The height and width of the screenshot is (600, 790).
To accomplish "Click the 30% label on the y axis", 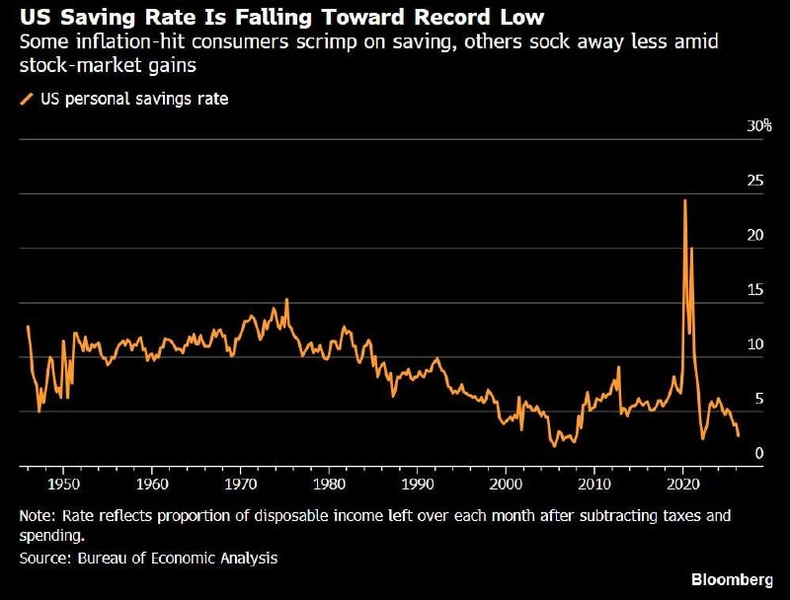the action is pos(758,126).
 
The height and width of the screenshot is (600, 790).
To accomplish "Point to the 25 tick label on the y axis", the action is pos(755,181).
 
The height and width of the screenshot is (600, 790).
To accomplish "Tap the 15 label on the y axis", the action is pos(755,289).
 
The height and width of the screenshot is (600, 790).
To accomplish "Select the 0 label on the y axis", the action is pos(759,453).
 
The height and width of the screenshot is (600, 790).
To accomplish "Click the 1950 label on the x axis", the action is pos(63,484).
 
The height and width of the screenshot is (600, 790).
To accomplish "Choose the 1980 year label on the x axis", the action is pos(329,484).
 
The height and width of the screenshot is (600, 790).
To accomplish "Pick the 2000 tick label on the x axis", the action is pos(506,484).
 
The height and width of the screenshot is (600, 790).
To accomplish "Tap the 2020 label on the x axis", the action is pos(683,484).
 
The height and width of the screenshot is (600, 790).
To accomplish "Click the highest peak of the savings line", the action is pos(684,200).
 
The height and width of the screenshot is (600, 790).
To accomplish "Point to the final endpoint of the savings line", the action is pos(738,435).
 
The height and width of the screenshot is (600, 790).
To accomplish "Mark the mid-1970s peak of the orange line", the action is pos(286,299).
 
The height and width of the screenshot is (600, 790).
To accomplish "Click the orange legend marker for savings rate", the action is pos(27,99).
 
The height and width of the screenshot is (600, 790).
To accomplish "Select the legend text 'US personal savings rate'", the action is pos(134,99).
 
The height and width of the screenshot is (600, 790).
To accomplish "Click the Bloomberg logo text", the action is pos(732,579).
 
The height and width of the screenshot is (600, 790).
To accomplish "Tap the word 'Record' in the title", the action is pos(453,17).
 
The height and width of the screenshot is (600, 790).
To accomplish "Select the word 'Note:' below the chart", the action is pos(39,516).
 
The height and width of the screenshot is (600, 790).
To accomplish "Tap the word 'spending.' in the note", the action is pos(52,536).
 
